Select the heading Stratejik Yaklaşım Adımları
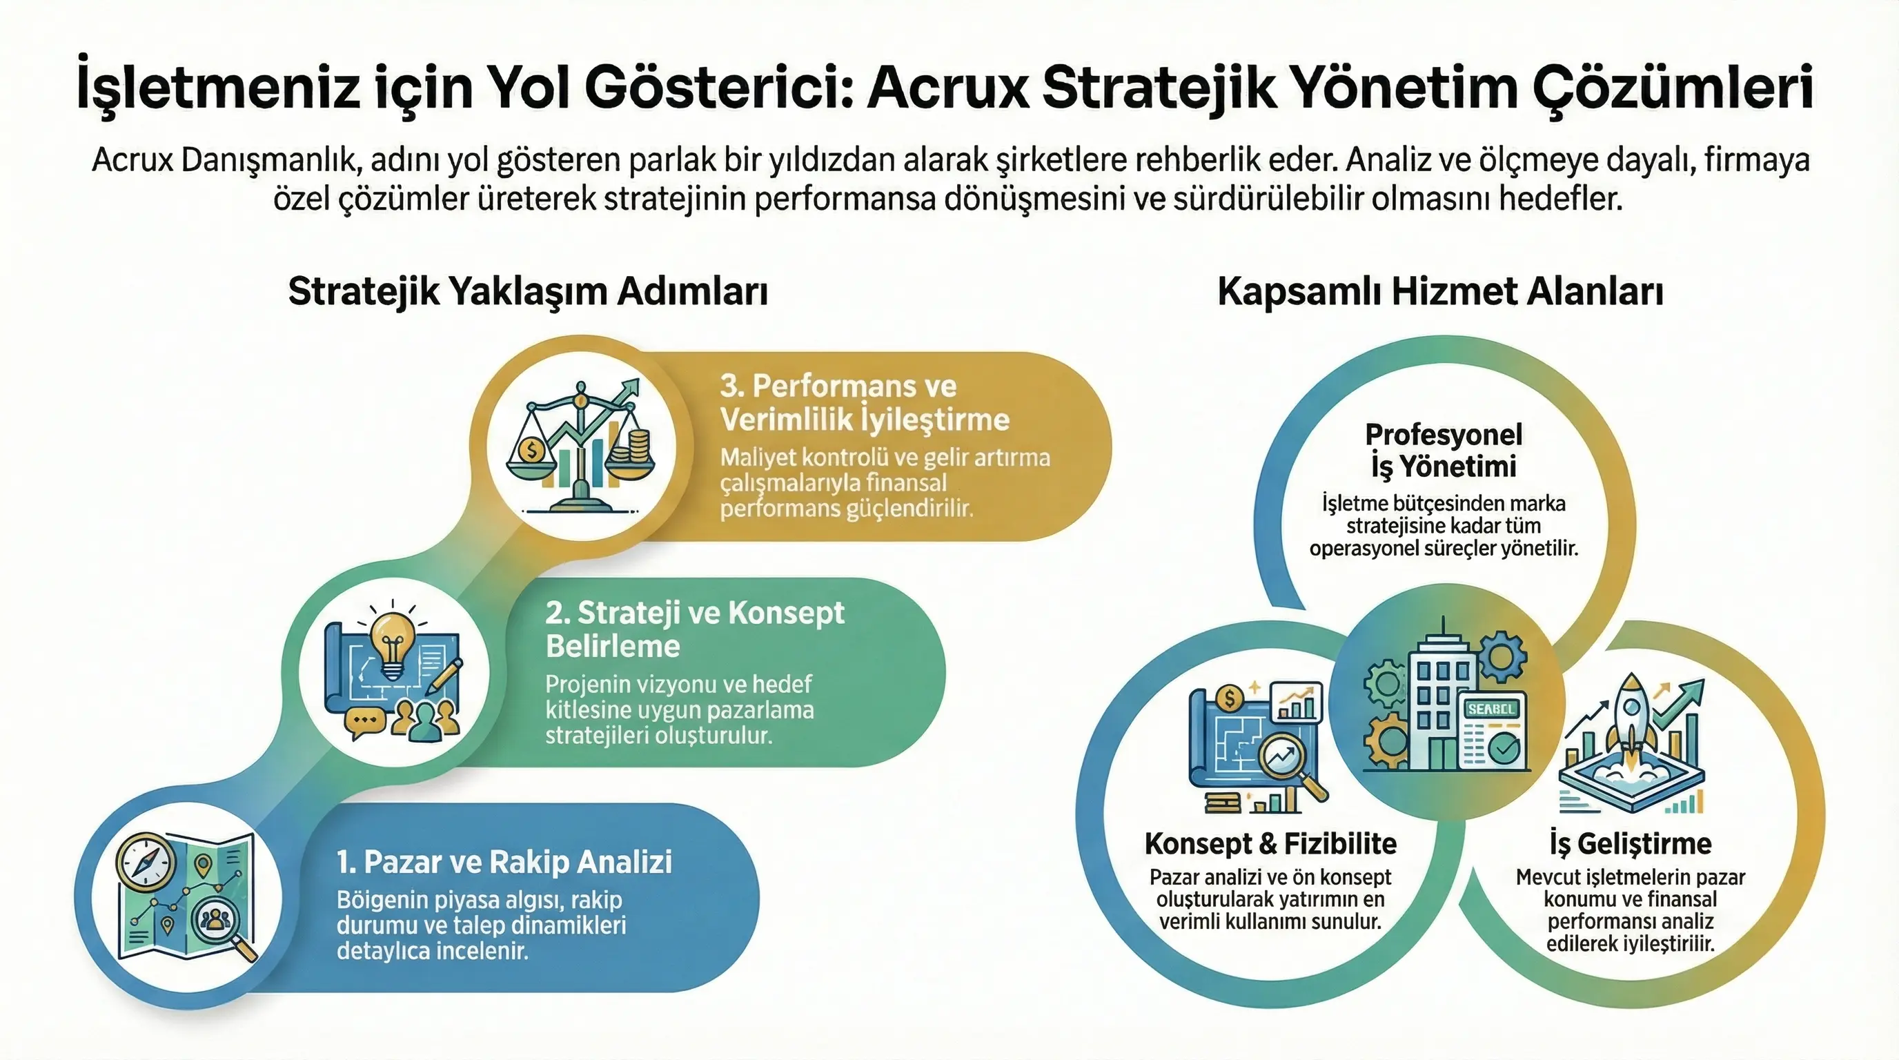(x=528, y=291)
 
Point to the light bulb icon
(x=392, y=645)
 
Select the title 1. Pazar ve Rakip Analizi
(x=504, y=862)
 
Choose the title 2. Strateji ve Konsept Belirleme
(x=694, y=629)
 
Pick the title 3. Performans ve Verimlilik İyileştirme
(x=865, y=402)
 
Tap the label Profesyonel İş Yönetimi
(x=1444, y=451)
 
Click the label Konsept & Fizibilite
(x=1270, y=843)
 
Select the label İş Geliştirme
(x=1630, y=843)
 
